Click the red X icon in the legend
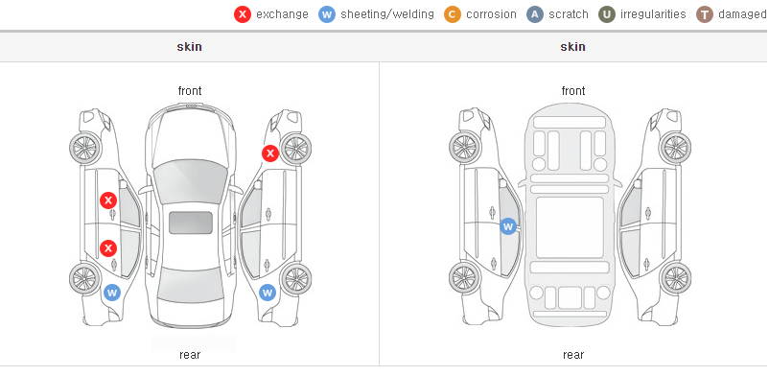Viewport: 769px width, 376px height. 243,14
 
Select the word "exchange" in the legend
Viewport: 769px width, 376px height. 282,14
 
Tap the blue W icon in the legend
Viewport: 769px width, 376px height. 327,14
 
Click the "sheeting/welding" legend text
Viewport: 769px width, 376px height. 387,14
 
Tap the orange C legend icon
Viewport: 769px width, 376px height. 453,14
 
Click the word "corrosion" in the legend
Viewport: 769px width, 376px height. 491,14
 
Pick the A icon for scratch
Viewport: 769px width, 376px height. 535,14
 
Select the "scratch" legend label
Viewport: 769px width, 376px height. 569,14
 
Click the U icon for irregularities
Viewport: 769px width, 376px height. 607,14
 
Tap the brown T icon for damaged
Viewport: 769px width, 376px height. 704,14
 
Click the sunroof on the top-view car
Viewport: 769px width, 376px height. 191,223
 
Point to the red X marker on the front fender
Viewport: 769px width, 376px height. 269,153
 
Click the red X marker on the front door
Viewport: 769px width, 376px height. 108,200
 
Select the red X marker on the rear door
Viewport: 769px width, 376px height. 108,248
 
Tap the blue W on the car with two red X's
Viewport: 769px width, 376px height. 112,294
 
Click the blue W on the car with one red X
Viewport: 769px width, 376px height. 268,294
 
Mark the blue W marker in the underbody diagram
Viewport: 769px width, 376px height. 508,226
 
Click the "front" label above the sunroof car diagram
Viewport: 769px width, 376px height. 190,91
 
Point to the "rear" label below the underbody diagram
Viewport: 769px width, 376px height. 573,355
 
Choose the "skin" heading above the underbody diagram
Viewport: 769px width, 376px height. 572,47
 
